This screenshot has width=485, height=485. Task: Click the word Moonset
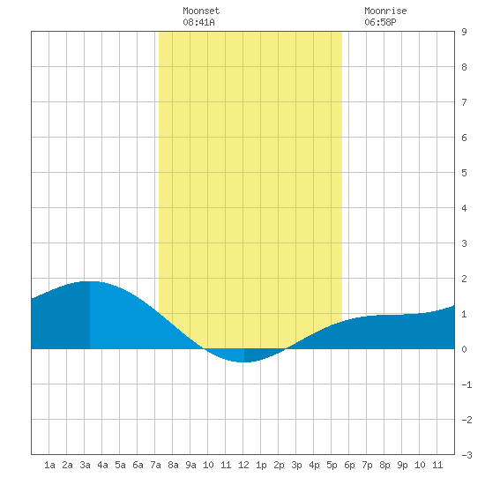point(201,11)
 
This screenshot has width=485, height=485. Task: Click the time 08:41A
point(198,22)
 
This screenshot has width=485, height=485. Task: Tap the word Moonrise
point(385,11)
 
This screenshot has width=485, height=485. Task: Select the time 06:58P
point(380,22)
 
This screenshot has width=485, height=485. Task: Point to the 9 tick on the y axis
point(464,32)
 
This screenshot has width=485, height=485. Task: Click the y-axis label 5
point(464,173)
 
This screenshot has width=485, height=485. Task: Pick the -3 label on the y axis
point(466,455)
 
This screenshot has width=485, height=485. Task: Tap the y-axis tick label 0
point(464,349)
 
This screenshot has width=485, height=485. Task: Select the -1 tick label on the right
point(466,384)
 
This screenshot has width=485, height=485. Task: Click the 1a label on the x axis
point(49,465)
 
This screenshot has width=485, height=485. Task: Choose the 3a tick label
point(85,465)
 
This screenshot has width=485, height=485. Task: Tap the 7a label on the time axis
point(155,465)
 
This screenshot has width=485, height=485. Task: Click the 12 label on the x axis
point(243,465)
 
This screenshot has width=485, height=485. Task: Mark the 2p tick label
point(279,465)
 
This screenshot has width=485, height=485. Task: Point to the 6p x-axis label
point(349,465)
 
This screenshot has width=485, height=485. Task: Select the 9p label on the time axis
point(402,465)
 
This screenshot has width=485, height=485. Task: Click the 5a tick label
point(120,465)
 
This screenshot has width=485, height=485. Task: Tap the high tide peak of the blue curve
point(90,281)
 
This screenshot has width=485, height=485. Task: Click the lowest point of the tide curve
point(244,362)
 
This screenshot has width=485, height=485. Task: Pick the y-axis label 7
point(464,102)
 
